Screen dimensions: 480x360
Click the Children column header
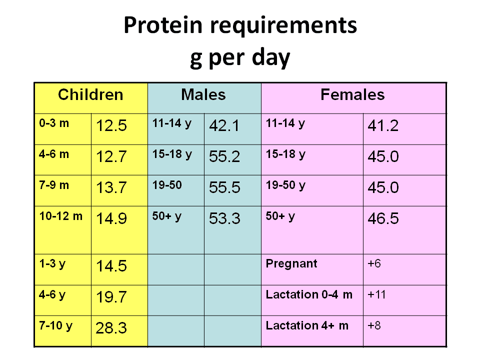click(90, 94)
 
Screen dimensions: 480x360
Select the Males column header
click(203, 94)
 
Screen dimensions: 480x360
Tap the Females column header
click(352, 94)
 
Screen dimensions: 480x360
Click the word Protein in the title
click(163, 25)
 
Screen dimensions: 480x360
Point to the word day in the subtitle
click(271, 58)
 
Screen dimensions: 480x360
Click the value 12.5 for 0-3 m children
click(111, 125)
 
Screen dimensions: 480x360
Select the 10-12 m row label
click(61, 216)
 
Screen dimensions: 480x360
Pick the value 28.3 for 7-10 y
click(111, 328)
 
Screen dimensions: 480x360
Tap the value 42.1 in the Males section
click(224, 125)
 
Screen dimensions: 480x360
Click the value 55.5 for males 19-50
click(224, 187)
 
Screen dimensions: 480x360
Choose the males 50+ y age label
click(167, 216)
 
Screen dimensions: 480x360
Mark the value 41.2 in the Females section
click(383, 125)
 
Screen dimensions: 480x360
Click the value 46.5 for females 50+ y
click(383, 218)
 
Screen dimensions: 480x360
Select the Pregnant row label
click(291, 264)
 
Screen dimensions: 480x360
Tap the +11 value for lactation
click(376, 294)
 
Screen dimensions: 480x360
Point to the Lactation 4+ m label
click(307, 325)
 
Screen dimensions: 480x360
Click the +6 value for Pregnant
click(374, 263)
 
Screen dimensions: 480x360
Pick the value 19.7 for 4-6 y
click(111, 297)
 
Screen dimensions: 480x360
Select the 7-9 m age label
click(54, 185)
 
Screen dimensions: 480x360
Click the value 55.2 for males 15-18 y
click(224, 156)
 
